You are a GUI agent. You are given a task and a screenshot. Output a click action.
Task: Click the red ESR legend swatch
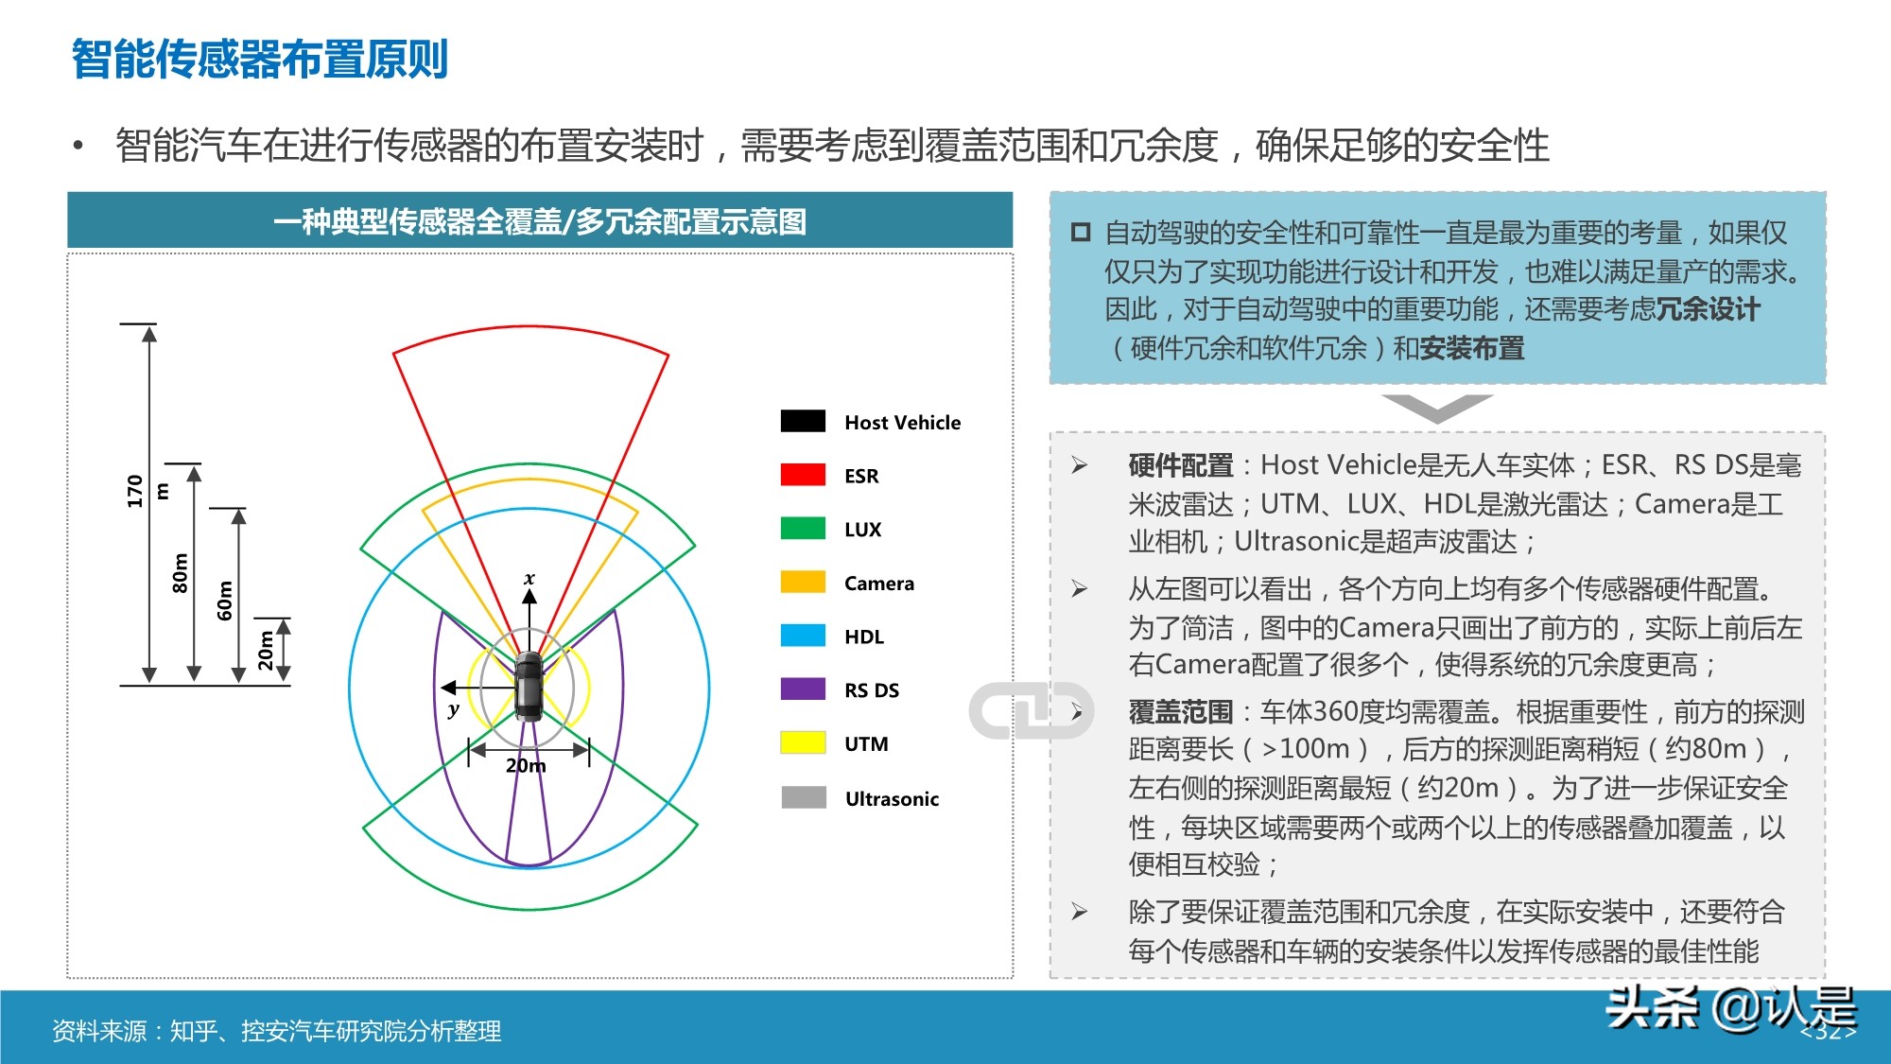click(803, 475)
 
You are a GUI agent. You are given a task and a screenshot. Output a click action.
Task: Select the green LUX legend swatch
click(803, 529)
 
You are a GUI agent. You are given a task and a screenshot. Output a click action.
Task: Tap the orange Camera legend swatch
click(803, 583)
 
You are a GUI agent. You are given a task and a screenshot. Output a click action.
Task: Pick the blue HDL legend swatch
click(803, 636)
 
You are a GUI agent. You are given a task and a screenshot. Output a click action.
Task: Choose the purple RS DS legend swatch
click(803, 689)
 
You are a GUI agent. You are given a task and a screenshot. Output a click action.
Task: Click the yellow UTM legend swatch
click(803, 743)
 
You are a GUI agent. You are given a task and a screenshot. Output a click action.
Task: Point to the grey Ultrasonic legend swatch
click(804, 798)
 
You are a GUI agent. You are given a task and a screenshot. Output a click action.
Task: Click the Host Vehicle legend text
click(902, 423)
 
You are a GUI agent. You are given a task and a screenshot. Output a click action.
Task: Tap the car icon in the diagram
click(529, 687)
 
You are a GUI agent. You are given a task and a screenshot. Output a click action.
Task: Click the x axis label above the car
click(529, 578)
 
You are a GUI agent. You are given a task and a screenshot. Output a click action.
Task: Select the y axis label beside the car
click(454, 708)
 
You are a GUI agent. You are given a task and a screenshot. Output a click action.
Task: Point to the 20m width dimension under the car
click(526, 765)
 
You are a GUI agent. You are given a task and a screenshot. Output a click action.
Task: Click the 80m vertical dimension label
click(180, 573)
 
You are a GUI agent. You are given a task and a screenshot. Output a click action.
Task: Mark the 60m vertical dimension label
click(225, 601)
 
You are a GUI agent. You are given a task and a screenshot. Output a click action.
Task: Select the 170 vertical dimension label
click(134, 491)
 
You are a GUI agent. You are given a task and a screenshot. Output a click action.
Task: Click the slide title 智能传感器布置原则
click(259, 59)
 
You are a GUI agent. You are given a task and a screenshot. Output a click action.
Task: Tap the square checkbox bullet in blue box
click(1081, 233)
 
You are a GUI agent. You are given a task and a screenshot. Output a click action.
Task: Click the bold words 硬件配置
click(1181, 465)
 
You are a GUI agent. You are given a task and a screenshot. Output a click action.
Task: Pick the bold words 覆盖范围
click(1181, 711)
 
